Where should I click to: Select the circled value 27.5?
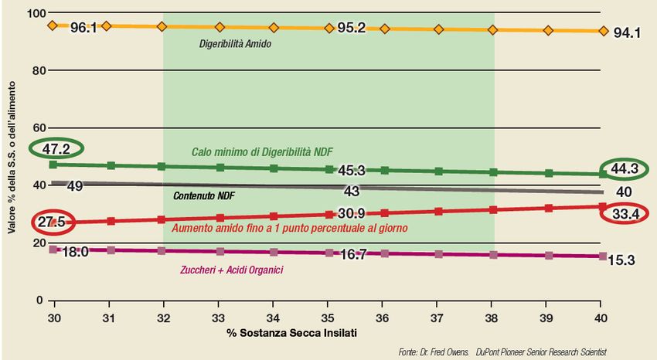point(53,222)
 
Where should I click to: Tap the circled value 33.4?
point(624,214)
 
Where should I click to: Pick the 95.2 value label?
point(351,28)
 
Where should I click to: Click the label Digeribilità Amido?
point(235,44)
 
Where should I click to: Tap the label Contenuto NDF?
point(205,196)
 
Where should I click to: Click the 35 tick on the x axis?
point(328,318)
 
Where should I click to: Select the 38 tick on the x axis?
point(492,318)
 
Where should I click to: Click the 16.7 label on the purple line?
point(352,254)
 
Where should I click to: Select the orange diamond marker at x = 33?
point(220,27)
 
